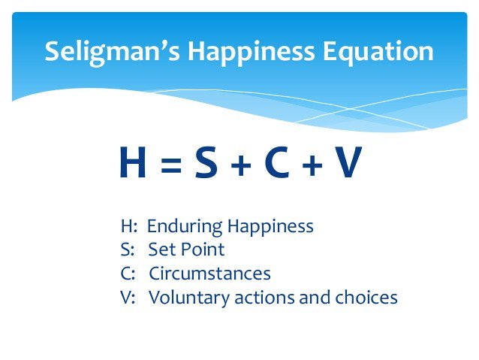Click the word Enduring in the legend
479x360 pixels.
pos(179,226)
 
